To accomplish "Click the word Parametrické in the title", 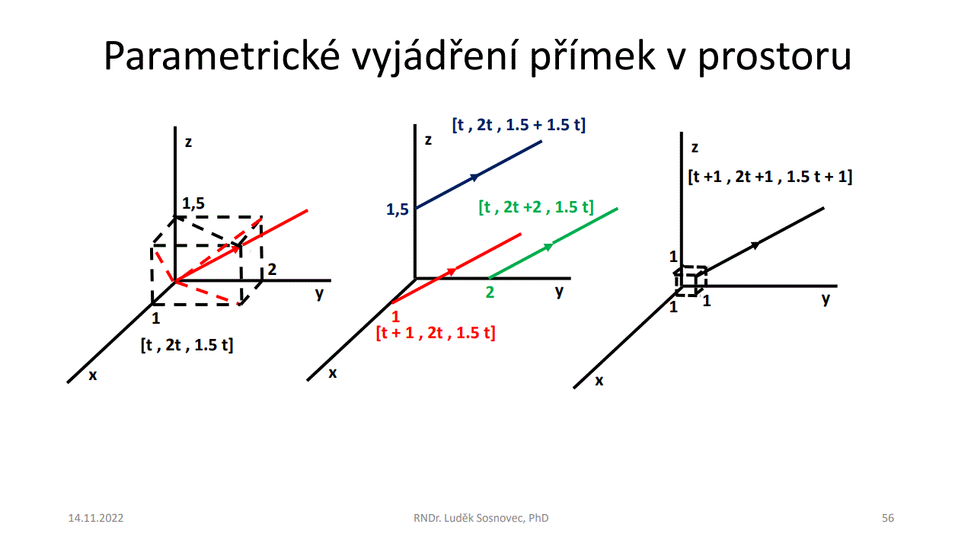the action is click(x=222, y=56).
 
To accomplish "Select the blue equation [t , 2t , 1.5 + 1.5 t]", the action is click(x=519, y=125).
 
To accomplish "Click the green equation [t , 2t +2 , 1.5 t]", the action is click(x=536, y=207).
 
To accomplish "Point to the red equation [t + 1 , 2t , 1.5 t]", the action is click(x=436, y=333).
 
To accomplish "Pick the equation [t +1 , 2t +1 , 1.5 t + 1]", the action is click(x=770, y=177).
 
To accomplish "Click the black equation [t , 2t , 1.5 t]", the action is click(x=187, y=344).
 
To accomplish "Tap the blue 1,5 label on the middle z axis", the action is click(x=397, y=209).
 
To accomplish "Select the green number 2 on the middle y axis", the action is click(x=490, y=292).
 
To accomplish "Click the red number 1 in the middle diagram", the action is click(x=396, y=316).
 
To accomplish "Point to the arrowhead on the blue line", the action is click(x=474, y=177).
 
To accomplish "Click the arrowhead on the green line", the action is click(x=548, y=247).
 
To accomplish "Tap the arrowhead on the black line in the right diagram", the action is click(x=755, y=245).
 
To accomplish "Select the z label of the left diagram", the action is click(x=188, y=142).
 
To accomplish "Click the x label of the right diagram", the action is click(x=599, y=380).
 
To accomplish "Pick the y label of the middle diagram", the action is click(x=559, y=292).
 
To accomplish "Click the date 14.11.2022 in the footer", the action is click(x=95, y=518).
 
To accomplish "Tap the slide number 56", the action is click(x=888, y=518).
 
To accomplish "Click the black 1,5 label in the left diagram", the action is click(x=193, y=203).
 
